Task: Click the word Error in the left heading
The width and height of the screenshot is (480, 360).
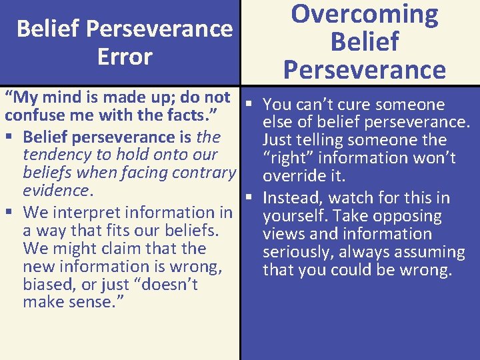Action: (x=125, y=57)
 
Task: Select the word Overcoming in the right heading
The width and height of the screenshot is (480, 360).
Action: (x=365, y=14)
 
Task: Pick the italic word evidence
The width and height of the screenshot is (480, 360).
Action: (x=55, y=191)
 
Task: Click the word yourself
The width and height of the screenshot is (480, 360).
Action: (x=291, y=217)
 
